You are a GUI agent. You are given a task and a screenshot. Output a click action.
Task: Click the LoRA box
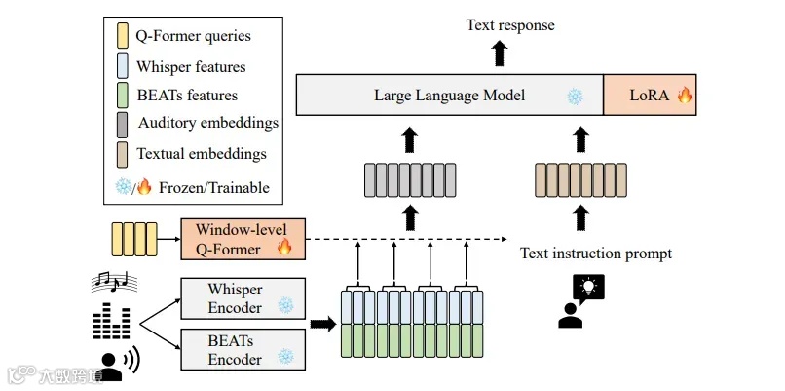point(651,96)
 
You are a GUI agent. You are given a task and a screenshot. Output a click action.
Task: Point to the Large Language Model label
point(449,96)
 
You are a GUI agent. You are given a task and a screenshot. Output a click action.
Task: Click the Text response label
point(509,24)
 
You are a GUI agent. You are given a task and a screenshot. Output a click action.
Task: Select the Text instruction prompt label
point(596,254)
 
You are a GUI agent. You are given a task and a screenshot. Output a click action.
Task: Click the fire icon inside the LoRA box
point(684,96)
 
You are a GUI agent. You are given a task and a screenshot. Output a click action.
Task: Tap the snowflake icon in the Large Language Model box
point(575,97)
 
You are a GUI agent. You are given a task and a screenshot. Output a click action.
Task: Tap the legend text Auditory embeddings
point(208,124)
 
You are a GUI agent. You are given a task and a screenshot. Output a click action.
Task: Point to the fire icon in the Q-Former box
point(285,248)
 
